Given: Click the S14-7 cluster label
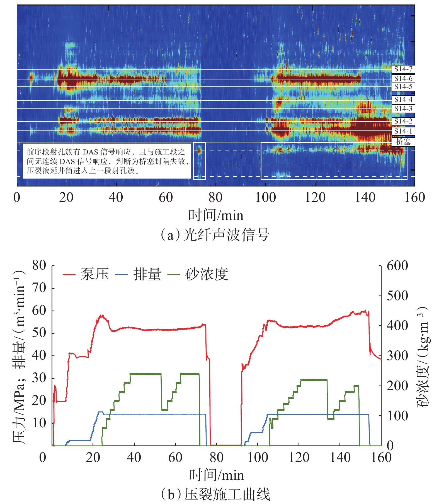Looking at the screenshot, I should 403,69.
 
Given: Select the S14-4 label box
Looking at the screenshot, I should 403,100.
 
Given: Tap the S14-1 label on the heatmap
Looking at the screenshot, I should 403,131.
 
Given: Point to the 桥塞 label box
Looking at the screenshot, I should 403,142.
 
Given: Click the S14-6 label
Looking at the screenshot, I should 403,78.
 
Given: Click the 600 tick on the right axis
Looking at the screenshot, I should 397,266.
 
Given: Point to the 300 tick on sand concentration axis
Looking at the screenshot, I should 397,356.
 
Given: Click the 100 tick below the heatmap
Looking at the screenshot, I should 265,197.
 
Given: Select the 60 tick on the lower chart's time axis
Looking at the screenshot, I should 175,457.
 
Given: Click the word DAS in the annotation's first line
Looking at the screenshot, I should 90,152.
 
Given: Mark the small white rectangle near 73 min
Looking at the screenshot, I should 199,161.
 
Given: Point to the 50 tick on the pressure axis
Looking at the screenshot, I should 39,333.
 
